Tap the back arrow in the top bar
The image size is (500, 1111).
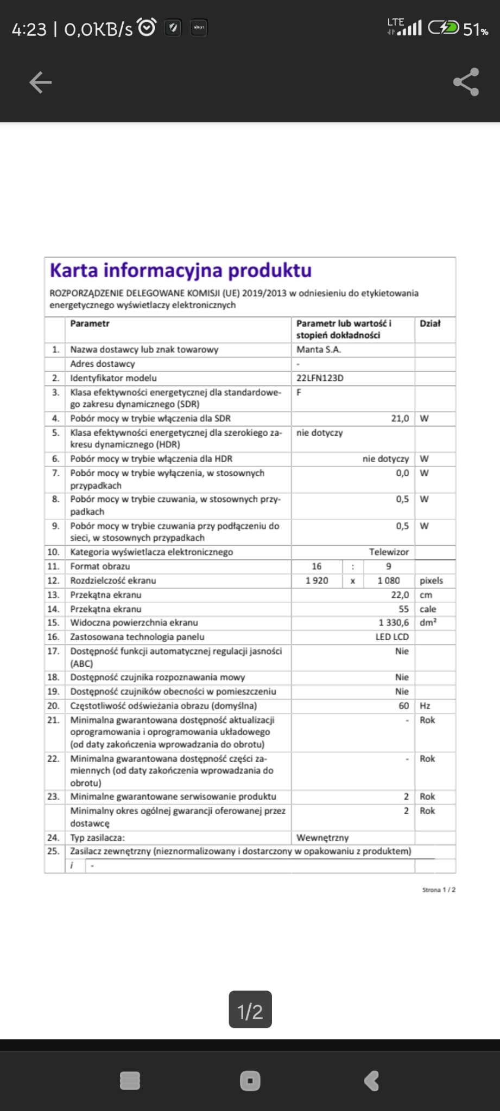pos(40,82)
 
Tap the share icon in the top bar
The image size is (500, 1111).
pos(466,82)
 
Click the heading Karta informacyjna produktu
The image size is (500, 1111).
pos(181,270)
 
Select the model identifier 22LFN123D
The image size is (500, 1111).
pos(320,378)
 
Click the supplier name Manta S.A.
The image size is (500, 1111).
pos(319,349)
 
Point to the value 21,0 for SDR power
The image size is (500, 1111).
pos(400,418)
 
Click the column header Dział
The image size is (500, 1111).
pos(430,323)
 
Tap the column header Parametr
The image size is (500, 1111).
pos(90,323)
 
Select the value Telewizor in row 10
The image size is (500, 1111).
pos(389,552)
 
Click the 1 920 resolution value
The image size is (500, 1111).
pos(317,580)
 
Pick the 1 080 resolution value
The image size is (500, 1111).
pos(389,580)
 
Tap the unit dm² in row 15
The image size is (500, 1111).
pos(428,623)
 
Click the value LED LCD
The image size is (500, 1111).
pos(392,637)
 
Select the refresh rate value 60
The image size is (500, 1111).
pos(403,706)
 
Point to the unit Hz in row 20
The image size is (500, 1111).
pos(425,706)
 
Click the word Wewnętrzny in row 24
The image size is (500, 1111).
pos(322,838)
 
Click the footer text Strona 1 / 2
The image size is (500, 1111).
pos(439,890)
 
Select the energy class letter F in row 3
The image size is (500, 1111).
pos(299,392)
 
